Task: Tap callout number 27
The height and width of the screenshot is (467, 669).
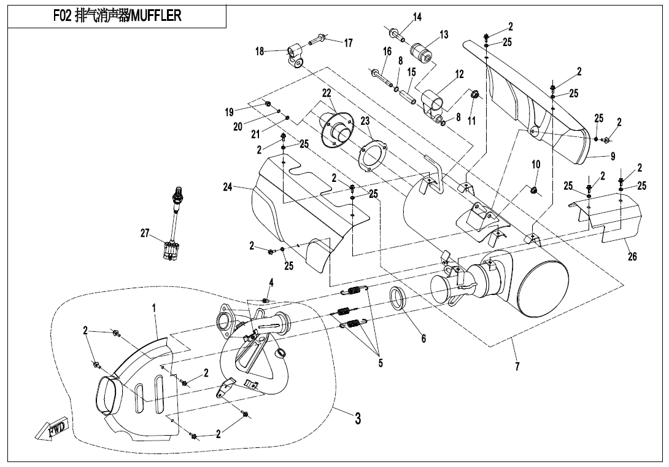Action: [x=145, y=233]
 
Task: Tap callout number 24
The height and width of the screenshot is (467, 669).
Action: [x=228, y=187]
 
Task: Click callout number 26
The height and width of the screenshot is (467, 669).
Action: [x=632, y=257]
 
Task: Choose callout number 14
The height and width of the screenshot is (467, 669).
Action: [x=417, y=17]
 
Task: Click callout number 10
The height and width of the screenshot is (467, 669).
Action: [x=536, y=164]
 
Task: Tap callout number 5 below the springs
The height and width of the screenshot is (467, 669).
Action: [x=381, y=363]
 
